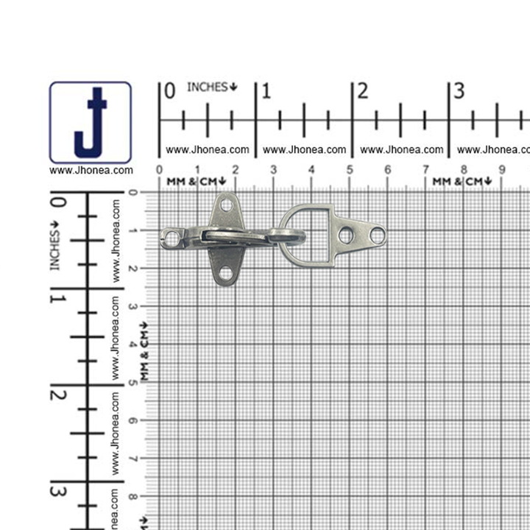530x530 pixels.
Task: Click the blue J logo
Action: tap(91, 123)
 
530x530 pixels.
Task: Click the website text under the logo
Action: tap(91, 170)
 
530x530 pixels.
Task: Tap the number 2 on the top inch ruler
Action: tap(363, 91)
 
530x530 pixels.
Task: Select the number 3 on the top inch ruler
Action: tap(459, 91)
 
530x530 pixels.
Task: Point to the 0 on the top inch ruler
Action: tap(170, 91)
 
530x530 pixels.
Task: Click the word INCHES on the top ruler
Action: tap(208, 87)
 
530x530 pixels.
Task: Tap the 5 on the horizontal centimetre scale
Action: tap(350, 170)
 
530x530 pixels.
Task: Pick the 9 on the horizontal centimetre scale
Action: tap(502, 170)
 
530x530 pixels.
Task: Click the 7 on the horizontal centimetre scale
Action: tap(426, 170)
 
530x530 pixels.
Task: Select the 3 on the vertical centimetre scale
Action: tap(132, 306)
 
